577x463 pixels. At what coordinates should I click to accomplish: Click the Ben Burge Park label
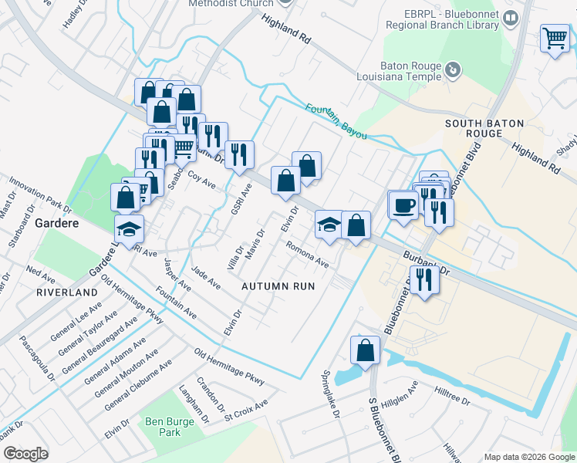coord(162,428)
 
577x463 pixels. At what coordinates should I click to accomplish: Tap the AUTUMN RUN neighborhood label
coord(278,286)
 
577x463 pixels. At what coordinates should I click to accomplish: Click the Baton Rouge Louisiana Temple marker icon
coord(454,70)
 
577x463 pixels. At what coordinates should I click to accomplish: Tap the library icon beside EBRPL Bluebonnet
coord(510,17)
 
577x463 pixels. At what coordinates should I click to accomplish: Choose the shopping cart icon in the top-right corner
coord(555,38)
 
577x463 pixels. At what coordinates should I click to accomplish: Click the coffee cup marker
coord(403,205)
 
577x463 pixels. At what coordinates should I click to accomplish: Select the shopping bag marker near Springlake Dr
coord(366,350)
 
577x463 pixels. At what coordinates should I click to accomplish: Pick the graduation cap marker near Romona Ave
coord(329,225)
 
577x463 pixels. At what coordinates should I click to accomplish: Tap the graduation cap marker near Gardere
coord(129,228)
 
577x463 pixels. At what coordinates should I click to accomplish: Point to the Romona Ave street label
coord(308,255)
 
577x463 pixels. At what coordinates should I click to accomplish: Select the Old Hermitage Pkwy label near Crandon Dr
coord(229,368)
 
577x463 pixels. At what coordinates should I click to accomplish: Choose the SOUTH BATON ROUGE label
coord(484,128)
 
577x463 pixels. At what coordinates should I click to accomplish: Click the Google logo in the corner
coord(25,454)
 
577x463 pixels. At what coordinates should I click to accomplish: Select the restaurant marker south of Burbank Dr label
coord(423,279)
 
